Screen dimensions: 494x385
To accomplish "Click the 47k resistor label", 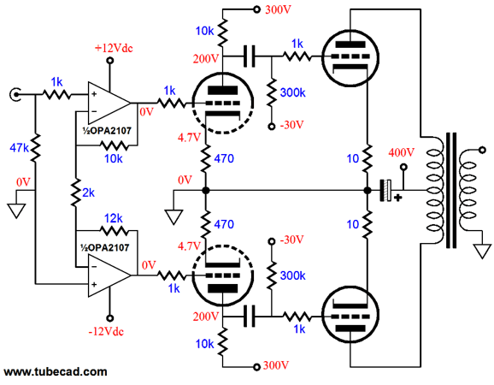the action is [19, 147].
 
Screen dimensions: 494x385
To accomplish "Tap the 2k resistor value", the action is [88, 192].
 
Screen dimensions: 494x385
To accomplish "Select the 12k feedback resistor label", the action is [113, 218].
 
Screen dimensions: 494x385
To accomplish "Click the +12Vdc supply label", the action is [114, 48].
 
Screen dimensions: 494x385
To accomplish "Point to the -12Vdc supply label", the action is [106, 331].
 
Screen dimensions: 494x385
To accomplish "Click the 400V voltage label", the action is [401, 152].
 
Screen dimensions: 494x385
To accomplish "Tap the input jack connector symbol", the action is [15, 94].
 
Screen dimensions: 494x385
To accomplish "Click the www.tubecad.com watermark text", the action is [56, 372].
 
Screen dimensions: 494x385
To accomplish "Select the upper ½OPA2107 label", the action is [107, 131].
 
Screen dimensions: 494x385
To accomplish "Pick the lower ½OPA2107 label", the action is [105, 247].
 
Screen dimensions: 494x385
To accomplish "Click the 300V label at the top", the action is [278, 9].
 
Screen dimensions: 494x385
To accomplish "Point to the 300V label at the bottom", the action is [276, 365].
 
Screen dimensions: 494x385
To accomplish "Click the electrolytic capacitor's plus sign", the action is [398, 198].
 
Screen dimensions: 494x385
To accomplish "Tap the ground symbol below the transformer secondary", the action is [482, 252].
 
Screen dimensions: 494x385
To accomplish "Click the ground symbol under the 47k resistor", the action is [16, 211].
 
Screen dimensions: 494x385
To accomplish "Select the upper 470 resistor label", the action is [224, 158].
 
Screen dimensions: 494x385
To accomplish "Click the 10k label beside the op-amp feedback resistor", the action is [114, 158].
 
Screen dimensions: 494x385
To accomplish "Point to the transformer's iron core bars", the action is [451, 190].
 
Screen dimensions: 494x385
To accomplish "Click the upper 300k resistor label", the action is [292, 92].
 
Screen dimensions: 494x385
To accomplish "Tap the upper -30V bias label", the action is [291, 125].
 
